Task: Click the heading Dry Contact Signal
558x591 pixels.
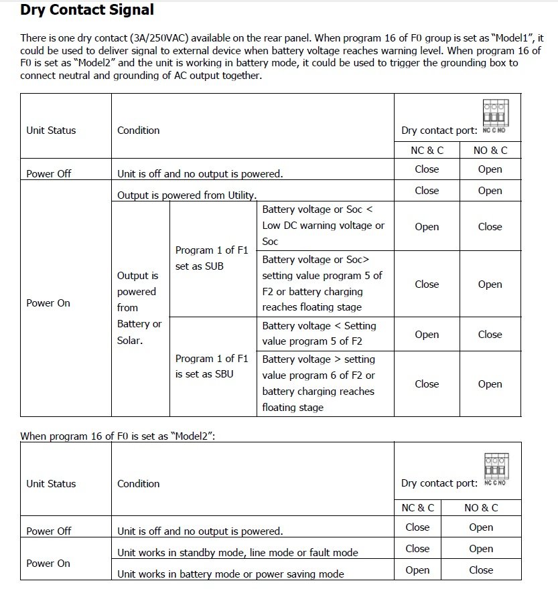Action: click(87, 10)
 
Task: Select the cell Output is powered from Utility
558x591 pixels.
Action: click(187, 195)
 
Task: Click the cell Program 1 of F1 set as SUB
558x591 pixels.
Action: click(212, 258)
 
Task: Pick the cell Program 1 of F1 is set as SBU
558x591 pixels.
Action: click(212, 366)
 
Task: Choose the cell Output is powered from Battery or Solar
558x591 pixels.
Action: click(139, 308)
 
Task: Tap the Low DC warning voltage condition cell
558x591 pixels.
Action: click(324, 226)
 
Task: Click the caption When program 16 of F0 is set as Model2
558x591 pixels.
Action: click(117, 436)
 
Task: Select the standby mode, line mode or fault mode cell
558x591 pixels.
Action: click(237, 553)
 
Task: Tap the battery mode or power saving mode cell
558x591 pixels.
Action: click(230, 574)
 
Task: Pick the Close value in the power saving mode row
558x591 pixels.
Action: click(481, 570)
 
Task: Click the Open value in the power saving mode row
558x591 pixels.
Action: click(417, 570)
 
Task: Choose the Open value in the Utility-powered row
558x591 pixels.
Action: click(490, 191)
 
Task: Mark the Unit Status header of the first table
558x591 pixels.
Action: click(51, 131)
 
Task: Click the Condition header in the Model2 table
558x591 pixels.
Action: click(139, 484)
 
